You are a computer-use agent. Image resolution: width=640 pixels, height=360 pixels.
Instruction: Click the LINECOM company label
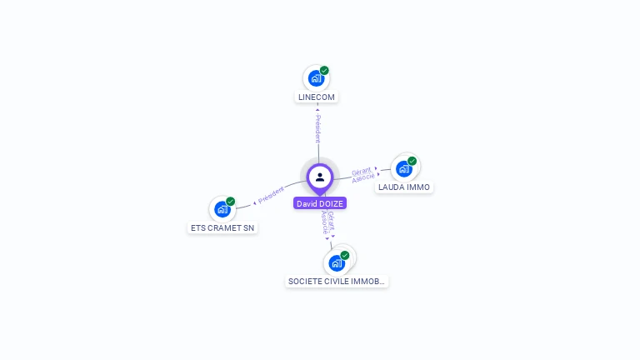317,97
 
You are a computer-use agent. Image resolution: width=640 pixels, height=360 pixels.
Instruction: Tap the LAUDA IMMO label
404,187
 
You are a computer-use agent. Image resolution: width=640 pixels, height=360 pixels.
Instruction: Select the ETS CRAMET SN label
222,227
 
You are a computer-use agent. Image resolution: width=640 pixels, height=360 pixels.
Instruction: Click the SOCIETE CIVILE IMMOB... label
337,282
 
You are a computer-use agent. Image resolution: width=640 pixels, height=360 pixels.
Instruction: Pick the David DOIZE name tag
320,203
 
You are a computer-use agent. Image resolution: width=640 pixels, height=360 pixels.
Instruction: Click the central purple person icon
320,177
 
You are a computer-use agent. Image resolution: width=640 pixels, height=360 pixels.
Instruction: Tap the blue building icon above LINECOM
315,78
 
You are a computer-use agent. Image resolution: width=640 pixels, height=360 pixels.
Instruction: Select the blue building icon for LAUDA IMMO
403,168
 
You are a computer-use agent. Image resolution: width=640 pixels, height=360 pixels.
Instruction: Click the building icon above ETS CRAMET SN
222,209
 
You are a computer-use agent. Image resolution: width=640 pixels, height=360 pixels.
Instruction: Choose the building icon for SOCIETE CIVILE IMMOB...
336,263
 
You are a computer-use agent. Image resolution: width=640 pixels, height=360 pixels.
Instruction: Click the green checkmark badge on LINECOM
324,70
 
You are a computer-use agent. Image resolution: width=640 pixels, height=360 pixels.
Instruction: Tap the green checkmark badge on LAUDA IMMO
412,161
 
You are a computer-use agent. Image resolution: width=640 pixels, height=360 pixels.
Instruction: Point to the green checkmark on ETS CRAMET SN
230,202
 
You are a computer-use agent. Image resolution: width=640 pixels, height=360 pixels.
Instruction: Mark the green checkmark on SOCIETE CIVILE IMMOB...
344,255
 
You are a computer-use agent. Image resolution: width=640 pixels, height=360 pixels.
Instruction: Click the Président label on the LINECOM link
317,129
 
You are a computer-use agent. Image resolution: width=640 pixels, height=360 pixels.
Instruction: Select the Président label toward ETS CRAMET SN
271,195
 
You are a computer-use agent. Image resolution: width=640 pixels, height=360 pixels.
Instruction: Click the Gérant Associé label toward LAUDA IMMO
362,174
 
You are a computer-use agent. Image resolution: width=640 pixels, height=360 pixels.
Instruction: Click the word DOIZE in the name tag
331,203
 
